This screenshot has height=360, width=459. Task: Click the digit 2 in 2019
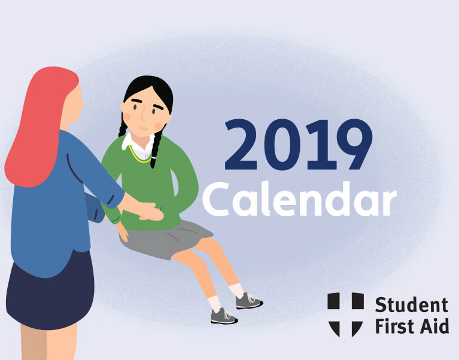point(241,144)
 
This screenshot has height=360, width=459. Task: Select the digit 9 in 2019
point(354,144)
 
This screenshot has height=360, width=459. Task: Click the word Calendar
point(299,199)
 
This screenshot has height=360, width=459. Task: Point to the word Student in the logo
point(412,305)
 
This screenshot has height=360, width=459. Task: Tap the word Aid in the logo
point(434,326)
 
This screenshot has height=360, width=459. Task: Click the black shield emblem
point(345,314)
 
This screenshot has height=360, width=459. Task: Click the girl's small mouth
point(143,128)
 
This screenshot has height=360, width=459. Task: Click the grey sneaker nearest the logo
point(248,301)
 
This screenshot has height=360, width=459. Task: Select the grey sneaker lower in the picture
point(224,316)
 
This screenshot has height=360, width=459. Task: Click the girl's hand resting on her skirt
point(122,232)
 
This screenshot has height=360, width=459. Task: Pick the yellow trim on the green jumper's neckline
point(137,155)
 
